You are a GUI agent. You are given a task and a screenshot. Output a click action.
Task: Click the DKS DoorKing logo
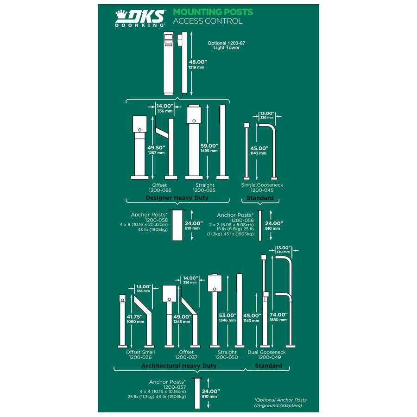[x=140, y=18]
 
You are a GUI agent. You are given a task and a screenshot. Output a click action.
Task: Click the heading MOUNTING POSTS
[x=213, y=12]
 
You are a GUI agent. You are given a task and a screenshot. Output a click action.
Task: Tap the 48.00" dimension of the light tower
[x=198, y=62]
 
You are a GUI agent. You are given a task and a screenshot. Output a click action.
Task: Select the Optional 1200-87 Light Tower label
[x=226, y=45]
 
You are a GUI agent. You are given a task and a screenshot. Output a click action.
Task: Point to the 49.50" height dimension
[x=157, y=148]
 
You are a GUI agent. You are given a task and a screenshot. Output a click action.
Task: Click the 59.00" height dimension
[x=209, y=146]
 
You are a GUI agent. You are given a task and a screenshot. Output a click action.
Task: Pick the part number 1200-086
[x=160, y=190]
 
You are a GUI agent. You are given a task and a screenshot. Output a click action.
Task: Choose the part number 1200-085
[x=204, y=190]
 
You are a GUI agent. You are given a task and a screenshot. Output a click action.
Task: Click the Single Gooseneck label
[x=262, y=185]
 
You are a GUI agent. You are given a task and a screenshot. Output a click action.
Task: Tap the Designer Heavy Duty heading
[x=177, y=197]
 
